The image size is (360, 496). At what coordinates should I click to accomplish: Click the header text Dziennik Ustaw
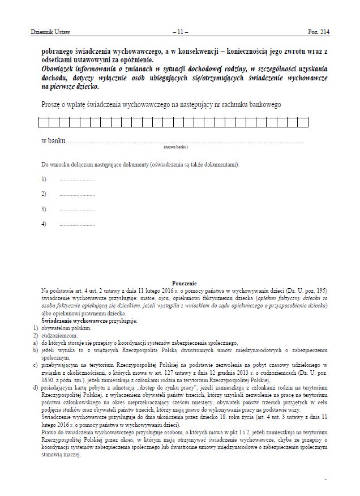tap(50, 33)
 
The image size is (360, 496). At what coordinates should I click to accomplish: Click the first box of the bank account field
tap(42, 122)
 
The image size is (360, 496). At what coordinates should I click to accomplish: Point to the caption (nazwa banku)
tap(175, 146)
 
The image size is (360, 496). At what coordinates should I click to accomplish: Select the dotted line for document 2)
tap(77, 194)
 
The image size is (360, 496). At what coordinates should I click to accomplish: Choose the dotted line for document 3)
tap(77, 209)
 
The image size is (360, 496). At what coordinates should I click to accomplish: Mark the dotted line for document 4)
tap(77, 224)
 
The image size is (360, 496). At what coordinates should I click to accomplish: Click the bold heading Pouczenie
tap(183, 283)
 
